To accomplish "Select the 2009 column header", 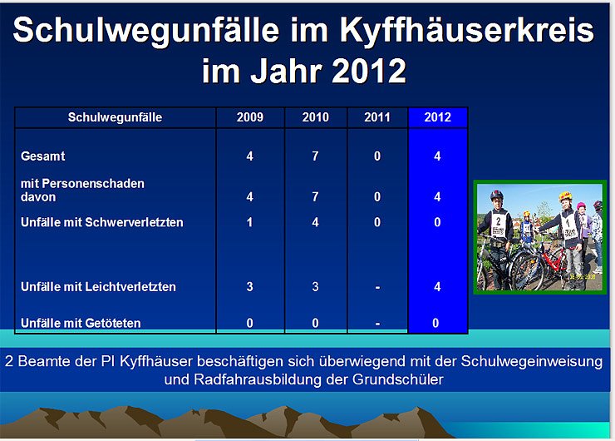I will tap(250, 117).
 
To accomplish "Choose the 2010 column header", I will tap(316, 117).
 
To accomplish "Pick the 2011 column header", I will tap(377, 117).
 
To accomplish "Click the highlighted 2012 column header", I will tap(437, 117).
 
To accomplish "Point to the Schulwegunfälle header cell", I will tap(115, 117).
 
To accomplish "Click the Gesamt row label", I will tap(43, 156).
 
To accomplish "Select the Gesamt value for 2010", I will tap(316, 156).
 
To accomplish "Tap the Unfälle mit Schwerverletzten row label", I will tap(101, 222).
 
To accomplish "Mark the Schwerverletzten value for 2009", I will tap(250, 222).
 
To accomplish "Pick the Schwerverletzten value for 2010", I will tap(316, 222).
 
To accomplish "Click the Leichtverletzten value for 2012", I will tap(437, 286).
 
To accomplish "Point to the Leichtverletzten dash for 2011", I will tap(377, 286).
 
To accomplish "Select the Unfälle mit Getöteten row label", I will tap(81, 322).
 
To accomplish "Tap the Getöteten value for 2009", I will tap(250, 322).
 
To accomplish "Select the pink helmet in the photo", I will tap(580, 206).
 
